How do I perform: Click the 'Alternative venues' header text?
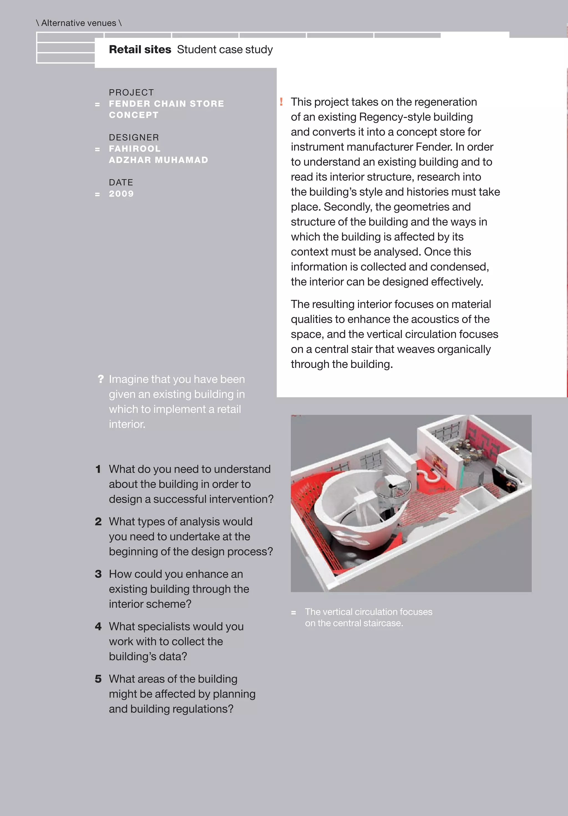(x=78, y=23)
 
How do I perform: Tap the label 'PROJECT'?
(x=131, y=92)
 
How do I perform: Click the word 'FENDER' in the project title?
(x=129, y=104)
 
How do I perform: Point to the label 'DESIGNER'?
(x=134, y=138)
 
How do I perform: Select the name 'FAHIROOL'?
(x=134, y=148)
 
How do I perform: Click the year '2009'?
(x=121, y=194)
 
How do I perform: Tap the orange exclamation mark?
(x=281, y=102)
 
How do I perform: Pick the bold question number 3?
(x=98, y=574)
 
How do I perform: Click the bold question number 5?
(x=98, y=679)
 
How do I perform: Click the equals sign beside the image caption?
(x=293, y=612)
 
